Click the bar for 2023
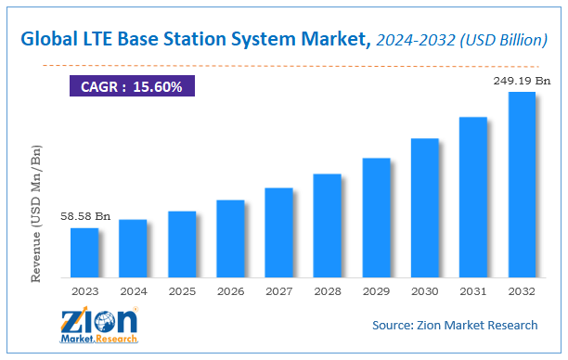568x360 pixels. (84, 252)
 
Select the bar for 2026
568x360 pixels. (230, 238)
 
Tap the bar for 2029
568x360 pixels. (376, 217)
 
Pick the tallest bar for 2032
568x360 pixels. (522, 185)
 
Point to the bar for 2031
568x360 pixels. (473, 197)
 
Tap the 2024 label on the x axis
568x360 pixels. (134, 290)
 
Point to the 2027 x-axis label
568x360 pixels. (278, 290)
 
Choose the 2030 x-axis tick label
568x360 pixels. (424, 290)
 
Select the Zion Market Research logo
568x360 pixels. (97, 326)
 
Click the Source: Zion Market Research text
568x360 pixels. (455, 326)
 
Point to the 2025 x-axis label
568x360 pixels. (182, 290)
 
